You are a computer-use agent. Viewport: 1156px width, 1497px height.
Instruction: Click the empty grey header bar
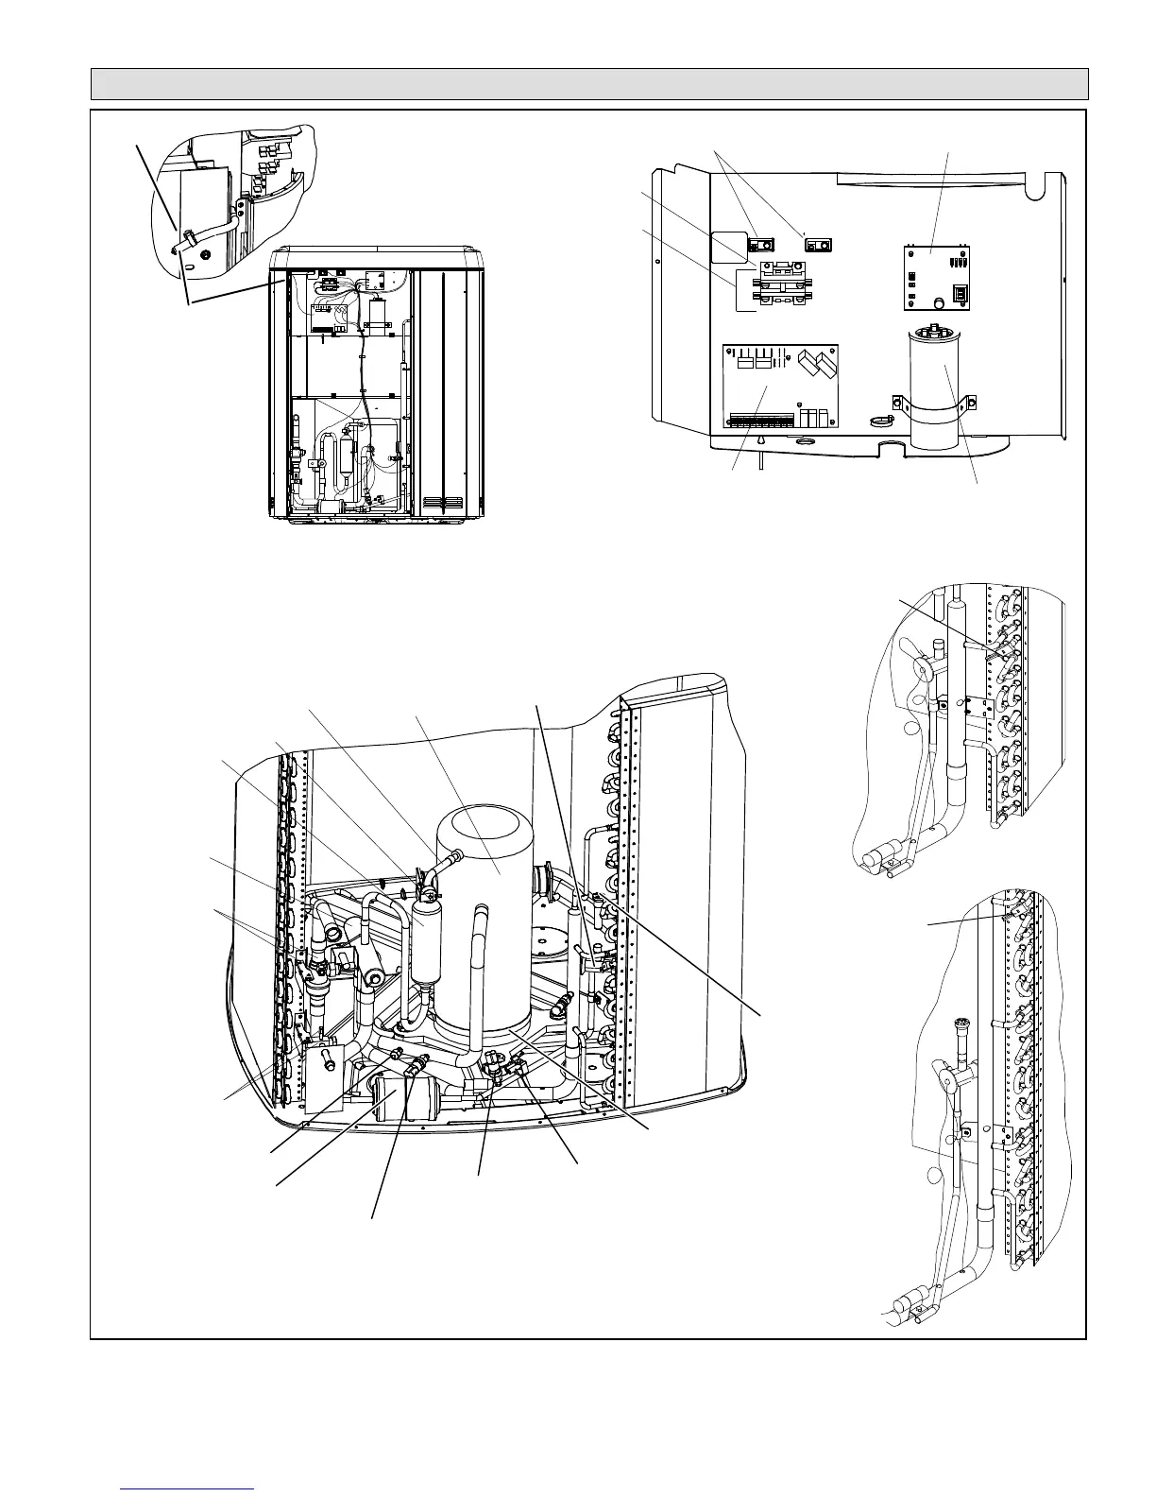(x=589, y=84)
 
